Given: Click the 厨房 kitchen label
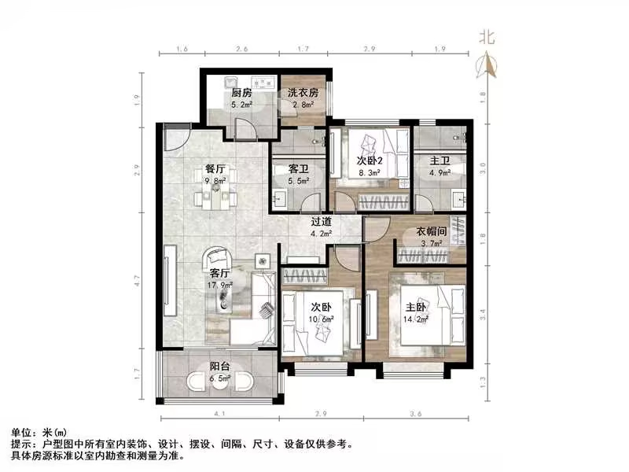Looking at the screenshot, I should (241, 92).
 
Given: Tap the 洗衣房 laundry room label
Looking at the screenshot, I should (300, 92).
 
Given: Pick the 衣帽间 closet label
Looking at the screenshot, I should (431, 231).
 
